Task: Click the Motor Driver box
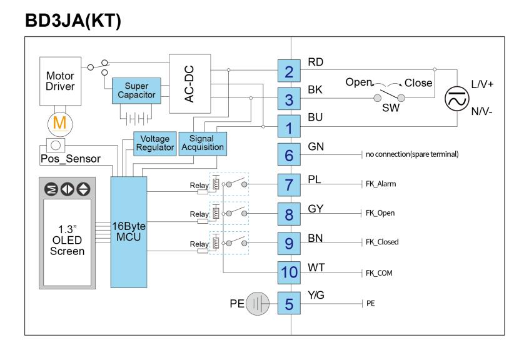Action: tap(61, 81)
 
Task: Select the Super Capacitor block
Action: tap(136, 91)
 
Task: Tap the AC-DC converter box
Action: tap(190, 84)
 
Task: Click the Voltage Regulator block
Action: tap(155, 144)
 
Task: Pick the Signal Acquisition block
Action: tap(203, 144)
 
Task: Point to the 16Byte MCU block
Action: tap(129, 232)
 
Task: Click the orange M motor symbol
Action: tap(59, 123)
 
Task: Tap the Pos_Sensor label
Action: tap(71, 159)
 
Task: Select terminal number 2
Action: tap(289, 71)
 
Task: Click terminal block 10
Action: tap(289, 272)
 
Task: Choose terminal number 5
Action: tap(289, 303)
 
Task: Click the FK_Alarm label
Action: tap(381, 184)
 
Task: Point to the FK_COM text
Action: tap(379, 273)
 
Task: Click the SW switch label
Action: tap(391, 108)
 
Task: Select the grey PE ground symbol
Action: tap(258, 303)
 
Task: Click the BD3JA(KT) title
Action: tap(73, 21)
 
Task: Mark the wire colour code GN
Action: tap(316, 147)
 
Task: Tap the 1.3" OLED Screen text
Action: tap(67, 241)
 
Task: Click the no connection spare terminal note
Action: tap(412, 154)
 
